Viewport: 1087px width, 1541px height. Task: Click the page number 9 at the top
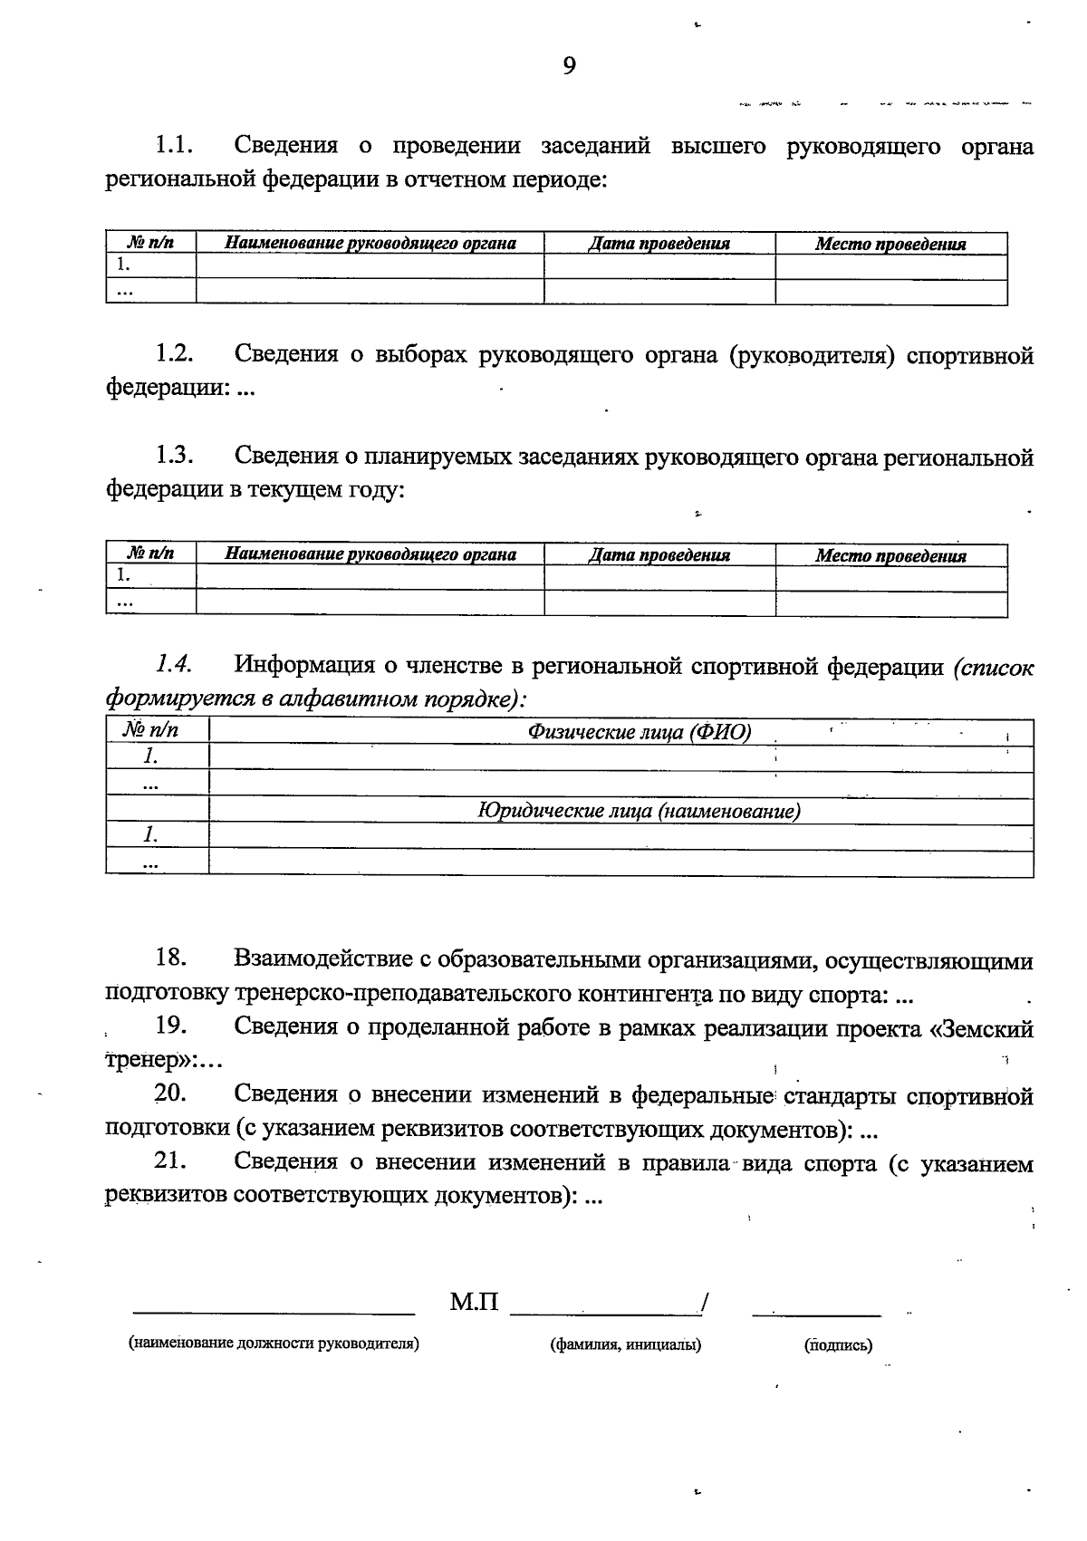point(569,65)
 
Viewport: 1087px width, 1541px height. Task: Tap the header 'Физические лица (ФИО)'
point(640,732)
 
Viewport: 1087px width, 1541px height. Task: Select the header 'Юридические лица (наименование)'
point(639,811)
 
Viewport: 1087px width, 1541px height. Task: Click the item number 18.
point(171,958)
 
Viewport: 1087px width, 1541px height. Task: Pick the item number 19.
point(171,1026)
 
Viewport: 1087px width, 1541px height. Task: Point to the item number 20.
point(171,1093)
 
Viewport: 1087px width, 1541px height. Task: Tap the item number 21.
point(171,1161)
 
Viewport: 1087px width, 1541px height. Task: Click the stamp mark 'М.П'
point(474,1303)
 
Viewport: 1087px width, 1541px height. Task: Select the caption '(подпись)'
point(838,1345)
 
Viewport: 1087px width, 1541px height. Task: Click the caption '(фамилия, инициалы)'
point(625,1344)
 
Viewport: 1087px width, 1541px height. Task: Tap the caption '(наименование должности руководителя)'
point(274,1344)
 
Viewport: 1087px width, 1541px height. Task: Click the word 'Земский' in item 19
point(987,1028)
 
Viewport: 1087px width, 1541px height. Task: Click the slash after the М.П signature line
point(703,1304)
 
